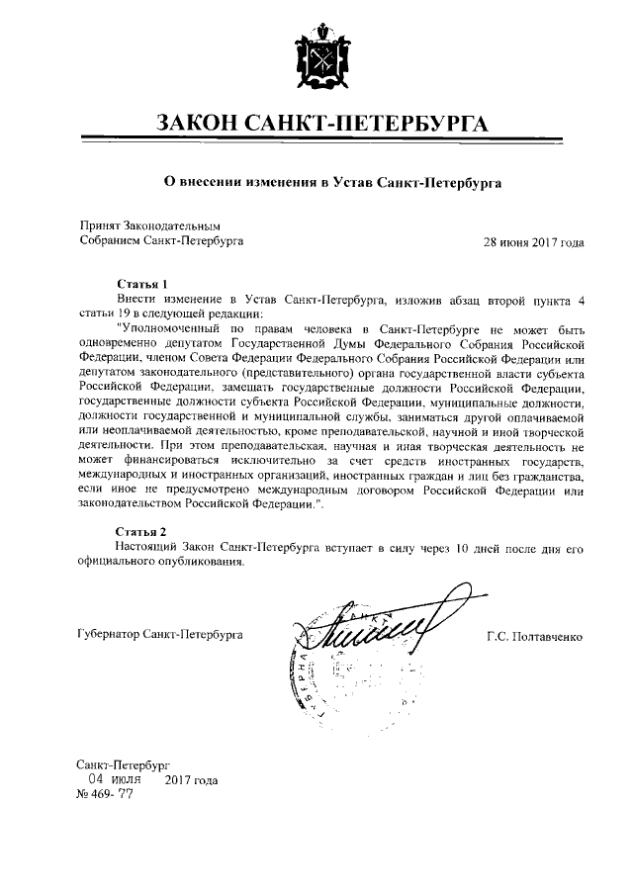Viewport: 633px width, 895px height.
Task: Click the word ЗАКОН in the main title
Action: pyautogui.click(x=204, y=124)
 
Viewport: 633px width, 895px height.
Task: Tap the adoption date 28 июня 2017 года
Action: pyautogui.click(x=533, y=240)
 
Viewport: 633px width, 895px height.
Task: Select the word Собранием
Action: pyautogui.click(x=109, y=240)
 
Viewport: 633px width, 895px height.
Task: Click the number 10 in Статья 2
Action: pyautogui.click(x=448, y=546)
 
